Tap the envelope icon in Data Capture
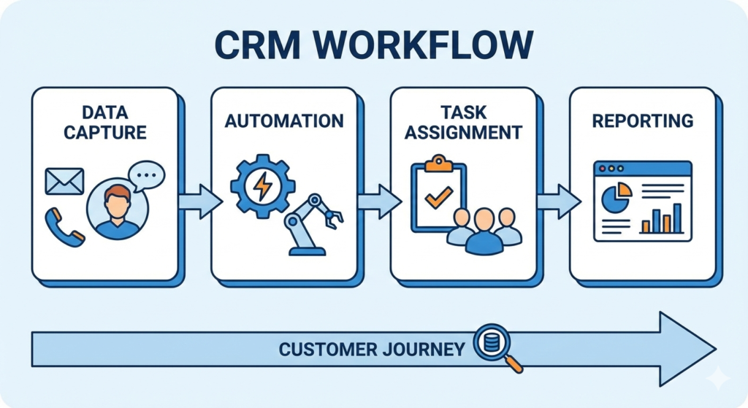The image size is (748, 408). [x=64, y=181]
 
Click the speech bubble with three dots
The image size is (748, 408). [x=146, y=176]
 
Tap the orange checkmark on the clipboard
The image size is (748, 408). [x=438, y=196]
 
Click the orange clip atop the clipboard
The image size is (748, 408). [x=438, y=162]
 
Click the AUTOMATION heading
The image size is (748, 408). [x=283, y=120]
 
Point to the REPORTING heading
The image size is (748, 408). [x=642, y=120]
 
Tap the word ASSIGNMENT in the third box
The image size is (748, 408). [x=464, y=133]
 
